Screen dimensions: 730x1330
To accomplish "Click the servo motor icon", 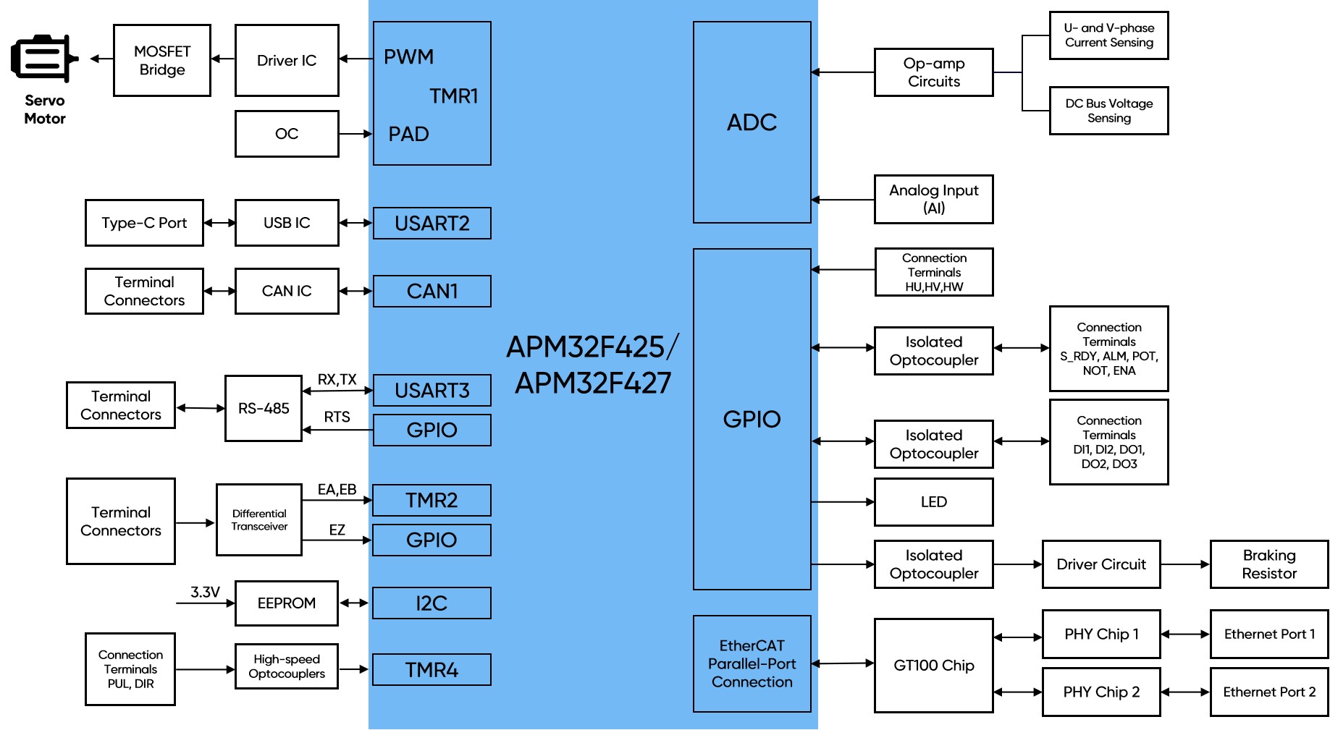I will point(43,58).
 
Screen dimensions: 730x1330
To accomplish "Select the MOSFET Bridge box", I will point(162,61).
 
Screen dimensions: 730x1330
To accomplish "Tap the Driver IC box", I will point(287,61).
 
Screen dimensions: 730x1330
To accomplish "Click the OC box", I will point(287,134).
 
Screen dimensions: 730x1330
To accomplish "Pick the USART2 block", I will point(432,224).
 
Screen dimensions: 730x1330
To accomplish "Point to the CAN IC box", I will point(287,291).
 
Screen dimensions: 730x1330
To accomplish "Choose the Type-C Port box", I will point(144,223).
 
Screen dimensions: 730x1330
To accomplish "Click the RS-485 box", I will point(264,408).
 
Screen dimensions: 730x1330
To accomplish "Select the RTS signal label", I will point(337,417).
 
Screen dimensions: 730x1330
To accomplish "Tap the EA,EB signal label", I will point(337,490).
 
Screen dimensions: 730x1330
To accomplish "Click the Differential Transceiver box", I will point(259,519).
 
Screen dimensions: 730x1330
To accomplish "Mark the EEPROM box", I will point(287,603).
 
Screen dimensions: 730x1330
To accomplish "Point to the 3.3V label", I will point(205,592).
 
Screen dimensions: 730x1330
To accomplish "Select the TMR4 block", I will point(432,670).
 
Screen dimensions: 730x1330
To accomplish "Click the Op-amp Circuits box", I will point(934,72).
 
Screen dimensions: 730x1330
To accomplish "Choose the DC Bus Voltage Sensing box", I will point(1108,111).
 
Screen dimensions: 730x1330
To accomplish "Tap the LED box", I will point(934,502).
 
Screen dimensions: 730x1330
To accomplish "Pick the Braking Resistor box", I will point(1269,564).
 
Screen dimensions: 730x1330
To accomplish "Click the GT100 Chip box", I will point(934,666).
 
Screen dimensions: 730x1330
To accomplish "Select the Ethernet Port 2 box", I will point(1269,692).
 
